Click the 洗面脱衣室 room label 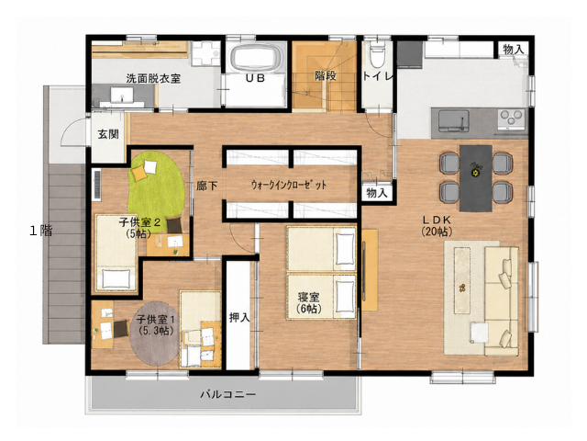(x=153, y=78)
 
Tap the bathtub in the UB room (x=255, y=57)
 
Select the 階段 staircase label (x=326, y=75)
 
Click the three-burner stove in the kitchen (x=511, y=119)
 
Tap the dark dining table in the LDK (x=475, y=178)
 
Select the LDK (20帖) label (x=437, y=226)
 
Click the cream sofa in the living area (x=502, y=301)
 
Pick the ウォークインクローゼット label (x=289, y=185)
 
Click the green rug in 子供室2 (x=156, y=188)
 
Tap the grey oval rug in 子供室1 (x=154, y=334)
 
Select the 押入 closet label (x=239, y=318)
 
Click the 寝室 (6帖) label (x=309, y=303)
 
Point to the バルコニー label (x=228, y=394)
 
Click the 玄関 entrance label (x=108, y=134)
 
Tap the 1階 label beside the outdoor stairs (x=40, y=231)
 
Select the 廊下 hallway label (x=206, y=186)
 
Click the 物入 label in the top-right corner (x=513, y=49)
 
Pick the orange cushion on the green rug (x=138, y=174)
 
